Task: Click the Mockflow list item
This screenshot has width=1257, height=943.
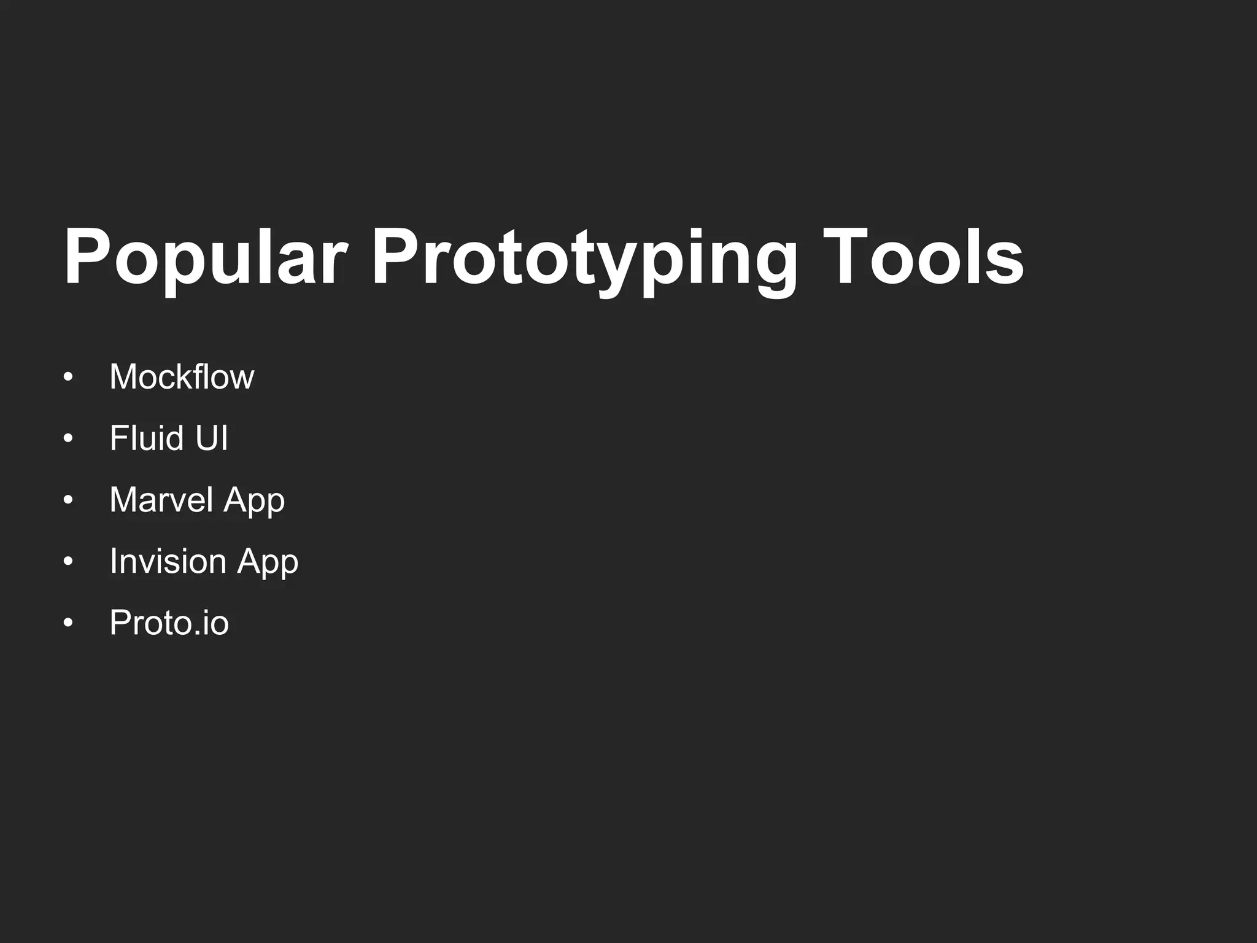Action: (x=182, y=376)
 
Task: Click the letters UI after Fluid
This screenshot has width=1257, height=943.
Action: (x=211, y=438)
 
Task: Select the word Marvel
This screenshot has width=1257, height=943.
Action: (x=161, y=499)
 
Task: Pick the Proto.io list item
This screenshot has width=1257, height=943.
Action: (x=169, y=623)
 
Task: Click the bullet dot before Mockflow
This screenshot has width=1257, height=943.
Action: (x=68, y=377)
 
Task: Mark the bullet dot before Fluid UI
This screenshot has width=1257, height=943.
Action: (x=68, y=438)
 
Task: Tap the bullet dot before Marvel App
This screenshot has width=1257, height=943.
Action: (x=68, y=500)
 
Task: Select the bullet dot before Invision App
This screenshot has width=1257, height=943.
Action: (x=68, y=561)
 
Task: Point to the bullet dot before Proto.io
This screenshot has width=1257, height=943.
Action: (x=68, y=623)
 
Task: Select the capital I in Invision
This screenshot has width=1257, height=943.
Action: (x=114, y=561)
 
